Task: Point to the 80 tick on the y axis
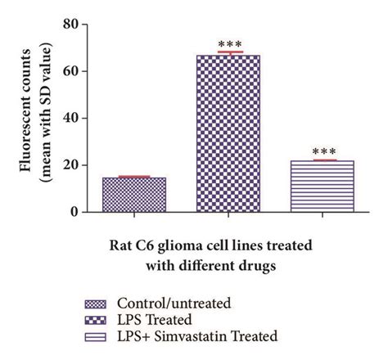click(75, 25)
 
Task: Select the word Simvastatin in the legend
click(233, 335)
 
